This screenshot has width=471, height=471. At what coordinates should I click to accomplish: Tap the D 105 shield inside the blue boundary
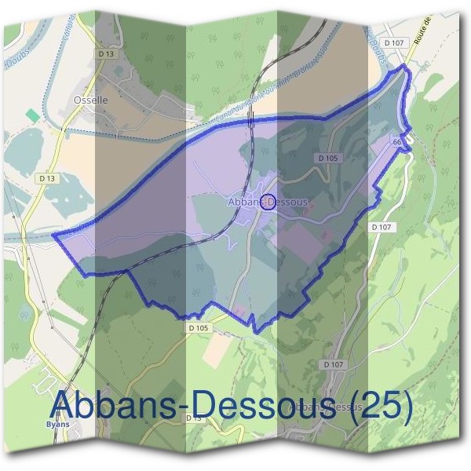(329, 158)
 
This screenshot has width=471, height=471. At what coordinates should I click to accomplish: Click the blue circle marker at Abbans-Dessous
(268, 203)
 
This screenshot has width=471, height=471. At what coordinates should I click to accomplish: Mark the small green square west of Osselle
(31, 115)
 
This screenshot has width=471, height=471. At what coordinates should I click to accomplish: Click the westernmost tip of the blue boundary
(53, 235)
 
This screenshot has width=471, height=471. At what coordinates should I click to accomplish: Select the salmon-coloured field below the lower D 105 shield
(214, 351)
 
